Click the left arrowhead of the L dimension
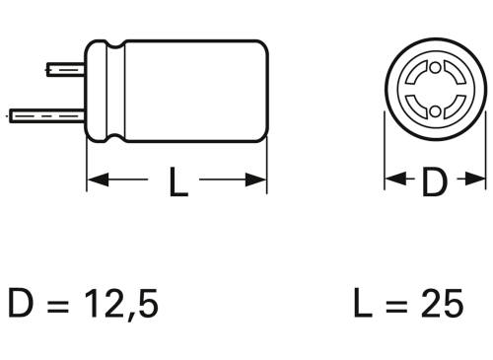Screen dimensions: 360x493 click(x=97, y=180)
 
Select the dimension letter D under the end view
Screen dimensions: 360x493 click(x=434, y=181)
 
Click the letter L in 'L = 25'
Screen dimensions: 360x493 click(x=363, y=303)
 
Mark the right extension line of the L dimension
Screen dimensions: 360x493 click(x=267, y=163)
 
